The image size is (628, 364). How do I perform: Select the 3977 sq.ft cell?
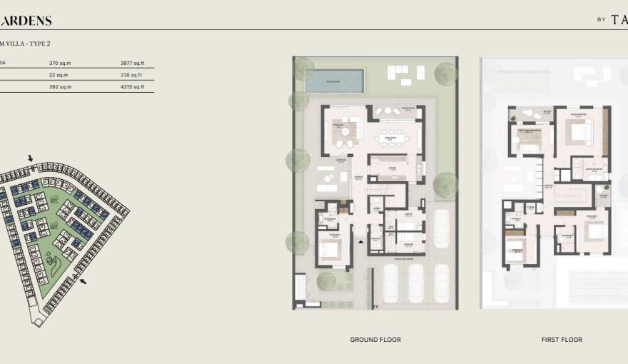[x=133, y=64]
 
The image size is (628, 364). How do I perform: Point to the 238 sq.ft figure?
[x=131, y=75]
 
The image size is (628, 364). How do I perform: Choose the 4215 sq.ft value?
[x=133, y=87]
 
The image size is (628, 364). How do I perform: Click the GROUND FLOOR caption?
[x=375, y=340]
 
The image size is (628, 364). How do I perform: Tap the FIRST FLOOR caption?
[x=562, y=340]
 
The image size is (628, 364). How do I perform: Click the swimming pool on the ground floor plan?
[x=334, y=81]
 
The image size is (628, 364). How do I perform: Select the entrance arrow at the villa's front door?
[x=361, y=243]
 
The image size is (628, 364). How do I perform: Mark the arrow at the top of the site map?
[x=30, y=158]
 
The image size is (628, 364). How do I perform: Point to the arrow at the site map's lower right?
[x=85, y=282]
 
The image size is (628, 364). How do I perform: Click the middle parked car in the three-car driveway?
[x=416, y=283]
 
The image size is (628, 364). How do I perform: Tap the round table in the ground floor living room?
[x=346, y=131]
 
